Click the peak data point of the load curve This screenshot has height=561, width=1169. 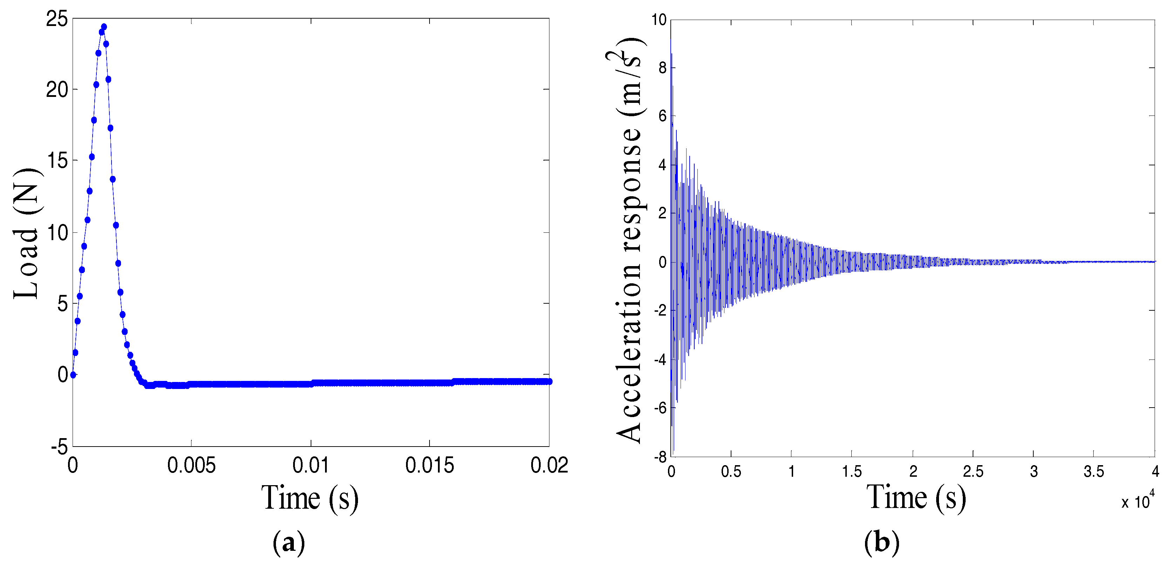pyautogui.click(x=104, y=27)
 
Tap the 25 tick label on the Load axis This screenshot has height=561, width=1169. pyautogui.click(x=57, y=20)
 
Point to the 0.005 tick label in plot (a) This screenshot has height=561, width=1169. pyautogui.click(x=191, y=466)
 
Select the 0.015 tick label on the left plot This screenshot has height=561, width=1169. pyautogui.click(x=429, y=466)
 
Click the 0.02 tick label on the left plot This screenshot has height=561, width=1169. pyautogui.click(x=549, y=466)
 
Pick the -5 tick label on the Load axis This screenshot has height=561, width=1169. pyautogui.click(x=59, y=448)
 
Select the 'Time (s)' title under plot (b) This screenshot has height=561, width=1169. pyautogui.click(x=916, y=497)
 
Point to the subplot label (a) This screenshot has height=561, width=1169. pyautogui.click(x=289, y=542)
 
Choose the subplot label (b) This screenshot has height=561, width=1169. pyautogui.click(x=881, y=542)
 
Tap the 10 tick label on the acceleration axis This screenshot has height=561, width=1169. pyautogui.click(x=659, y=20)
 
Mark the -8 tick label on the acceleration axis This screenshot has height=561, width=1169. pyautogui.click(x=660, y=457)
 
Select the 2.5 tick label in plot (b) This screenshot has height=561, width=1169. pyautogui.click(x=973, y=472)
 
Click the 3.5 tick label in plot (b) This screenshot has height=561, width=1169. pyautogui.click(x=1094, y=472)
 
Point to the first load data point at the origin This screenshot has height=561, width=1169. pyautogui.click(x=73, y=375)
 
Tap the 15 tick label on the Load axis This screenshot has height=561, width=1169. pyautogui.click(x=57, y=161)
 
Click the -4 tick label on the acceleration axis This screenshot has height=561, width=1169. pyautogui.click(x=660, y=360)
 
